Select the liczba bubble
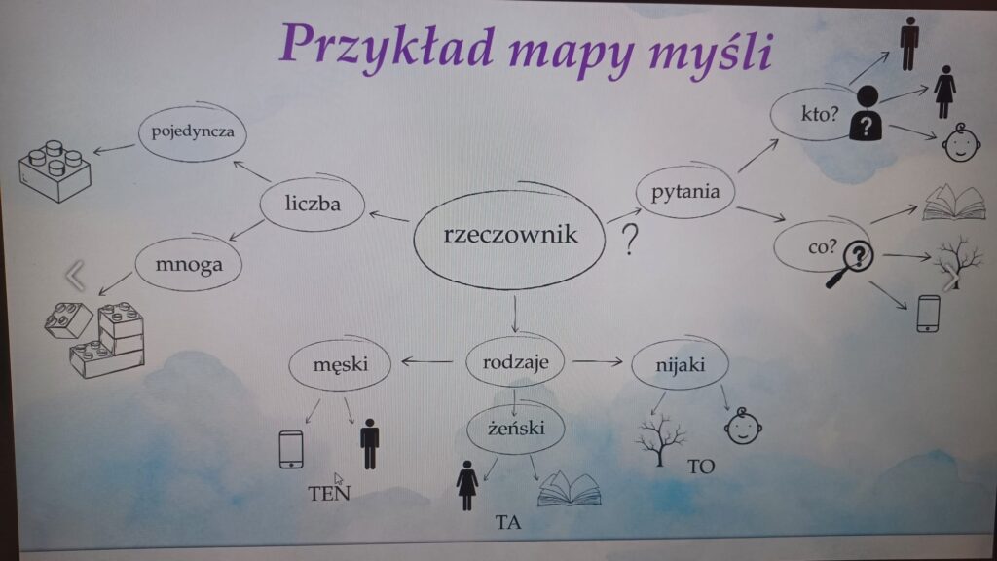[313, 203]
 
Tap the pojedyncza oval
[192, 131]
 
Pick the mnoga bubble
[189, 264]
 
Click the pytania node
[685, 191]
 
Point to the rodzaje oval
[515, 362]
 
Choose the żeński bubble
[516, 429]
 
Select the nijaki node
[680, 364]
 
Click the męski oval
[340, 364]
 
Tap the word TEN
[329, 493]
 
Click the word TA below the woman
[508, 522]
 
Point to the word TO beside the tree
[701, 467]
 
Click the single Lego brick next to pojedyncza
[55, 171]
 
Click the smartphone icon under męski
[291, 449]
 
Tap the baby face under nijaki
[743, 427]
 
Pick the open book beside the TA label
[569, 489]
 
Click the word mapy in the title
[572, 53]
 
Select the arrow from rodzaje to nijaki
[597, 362]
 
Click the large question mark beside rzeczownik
[630, 240]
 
